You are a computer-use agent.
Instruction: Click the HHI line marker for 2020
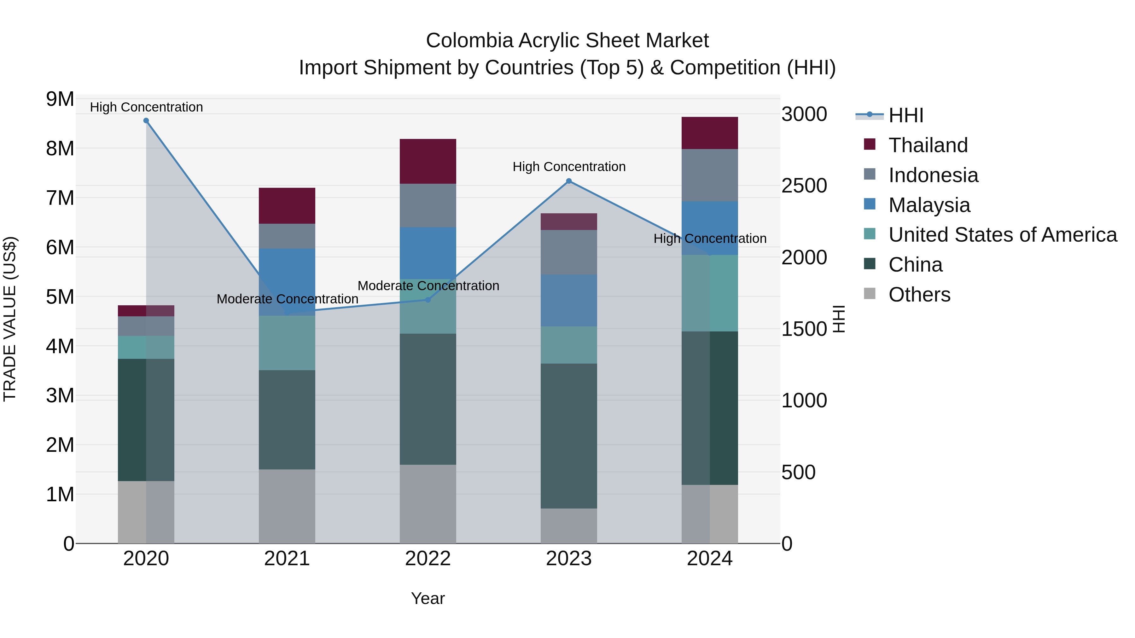146,121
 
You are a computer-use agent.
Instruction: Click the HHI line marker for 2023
569,181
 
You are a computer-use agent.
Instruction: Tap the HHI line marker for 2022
428,300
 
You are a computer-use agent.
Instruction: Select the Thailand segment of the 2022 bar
428,161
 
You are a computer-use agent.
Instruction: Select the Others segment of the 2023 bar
569,526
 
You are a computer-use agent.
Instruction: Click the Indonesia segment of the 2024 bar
709,175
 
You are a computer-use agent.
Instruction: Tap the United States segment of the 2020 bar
146,348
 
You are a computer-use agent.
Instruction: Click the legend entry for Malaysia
929,205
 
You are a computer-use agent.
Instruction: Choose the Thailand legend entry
928,145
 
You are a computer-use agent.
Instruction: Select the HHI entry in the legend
905,115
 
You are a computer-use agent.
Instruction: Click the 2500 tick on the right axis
804,186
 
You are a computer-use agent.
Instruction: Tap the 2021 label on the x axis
287,559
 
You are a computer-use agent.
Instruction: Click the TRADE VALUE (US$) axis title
10,319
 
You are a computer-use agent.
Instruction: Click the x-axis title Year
428,598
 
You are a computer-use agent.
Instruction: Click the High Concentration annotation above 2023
569,167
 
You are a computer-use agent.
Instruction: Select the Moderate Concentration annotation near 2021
287,299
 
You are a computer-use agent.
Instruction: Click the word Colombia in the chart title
470,41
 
